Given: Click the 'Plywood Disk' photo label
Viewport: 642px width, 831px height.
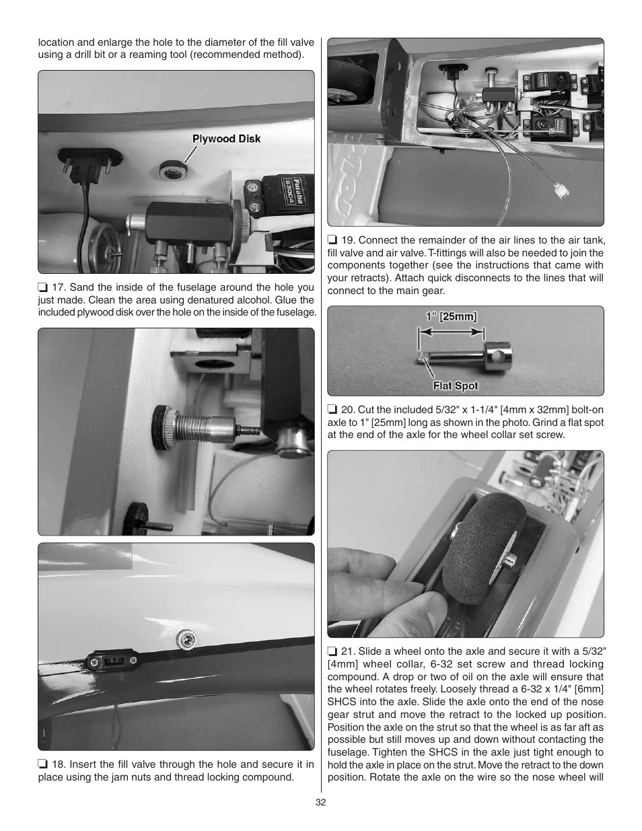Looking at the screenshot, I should (x=226, y=139).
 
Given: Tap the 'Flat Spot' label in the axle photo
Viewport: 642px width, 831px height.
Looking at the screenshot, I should (x=455, y=386).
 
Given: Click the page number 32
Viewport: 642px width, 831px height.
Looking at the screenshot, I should (x=321, y=802).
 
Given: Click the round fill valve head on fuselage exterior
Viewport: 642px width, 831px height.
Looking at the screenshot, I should (x=187, y=639).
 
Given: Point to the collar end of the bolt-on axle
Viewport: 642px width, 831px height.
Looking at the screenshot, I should (x=496, y=353).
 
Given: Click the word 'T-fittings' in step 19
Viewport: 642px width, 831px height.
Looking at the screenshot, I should (x=431, y=253).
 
